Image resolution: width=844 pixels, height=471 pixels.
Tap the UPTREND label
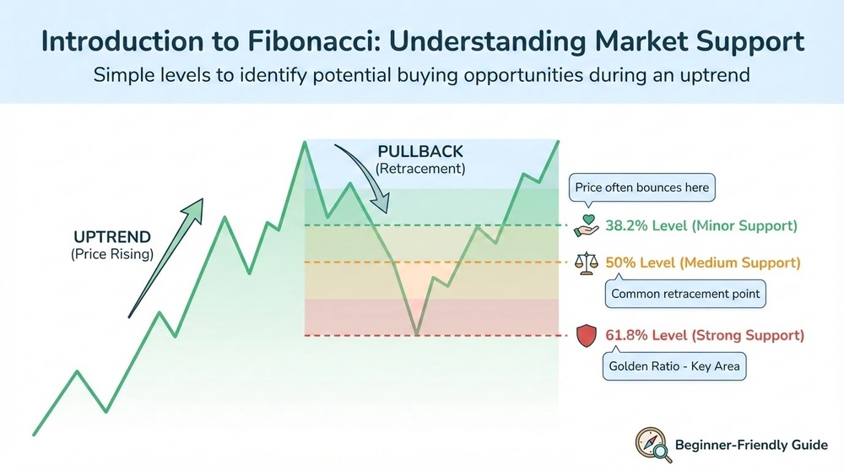(x=112, y=236)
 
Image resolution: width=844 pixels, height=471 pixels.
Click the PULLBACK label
(x=421, y=152)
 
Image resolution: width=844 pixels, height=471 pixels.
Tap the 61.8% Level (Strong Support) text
(x=705, y=336)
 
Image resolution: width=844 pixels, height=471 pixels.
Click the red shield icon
(x=585, y=336)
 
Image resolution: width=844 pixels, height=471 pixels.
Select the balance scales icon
(x=585, y=263)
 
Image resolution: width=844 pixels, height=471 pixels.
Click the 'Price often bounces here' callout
(x=641, y=187)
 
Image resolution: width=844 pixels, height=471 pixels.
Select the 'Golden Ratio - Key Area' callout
(x=674, y=367)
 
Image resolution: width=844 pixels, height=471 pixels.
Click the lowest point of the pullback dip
(x=417, y=334)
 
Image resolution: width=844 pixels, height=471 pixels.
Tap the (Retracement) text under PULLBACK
(x=421, y=169)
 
